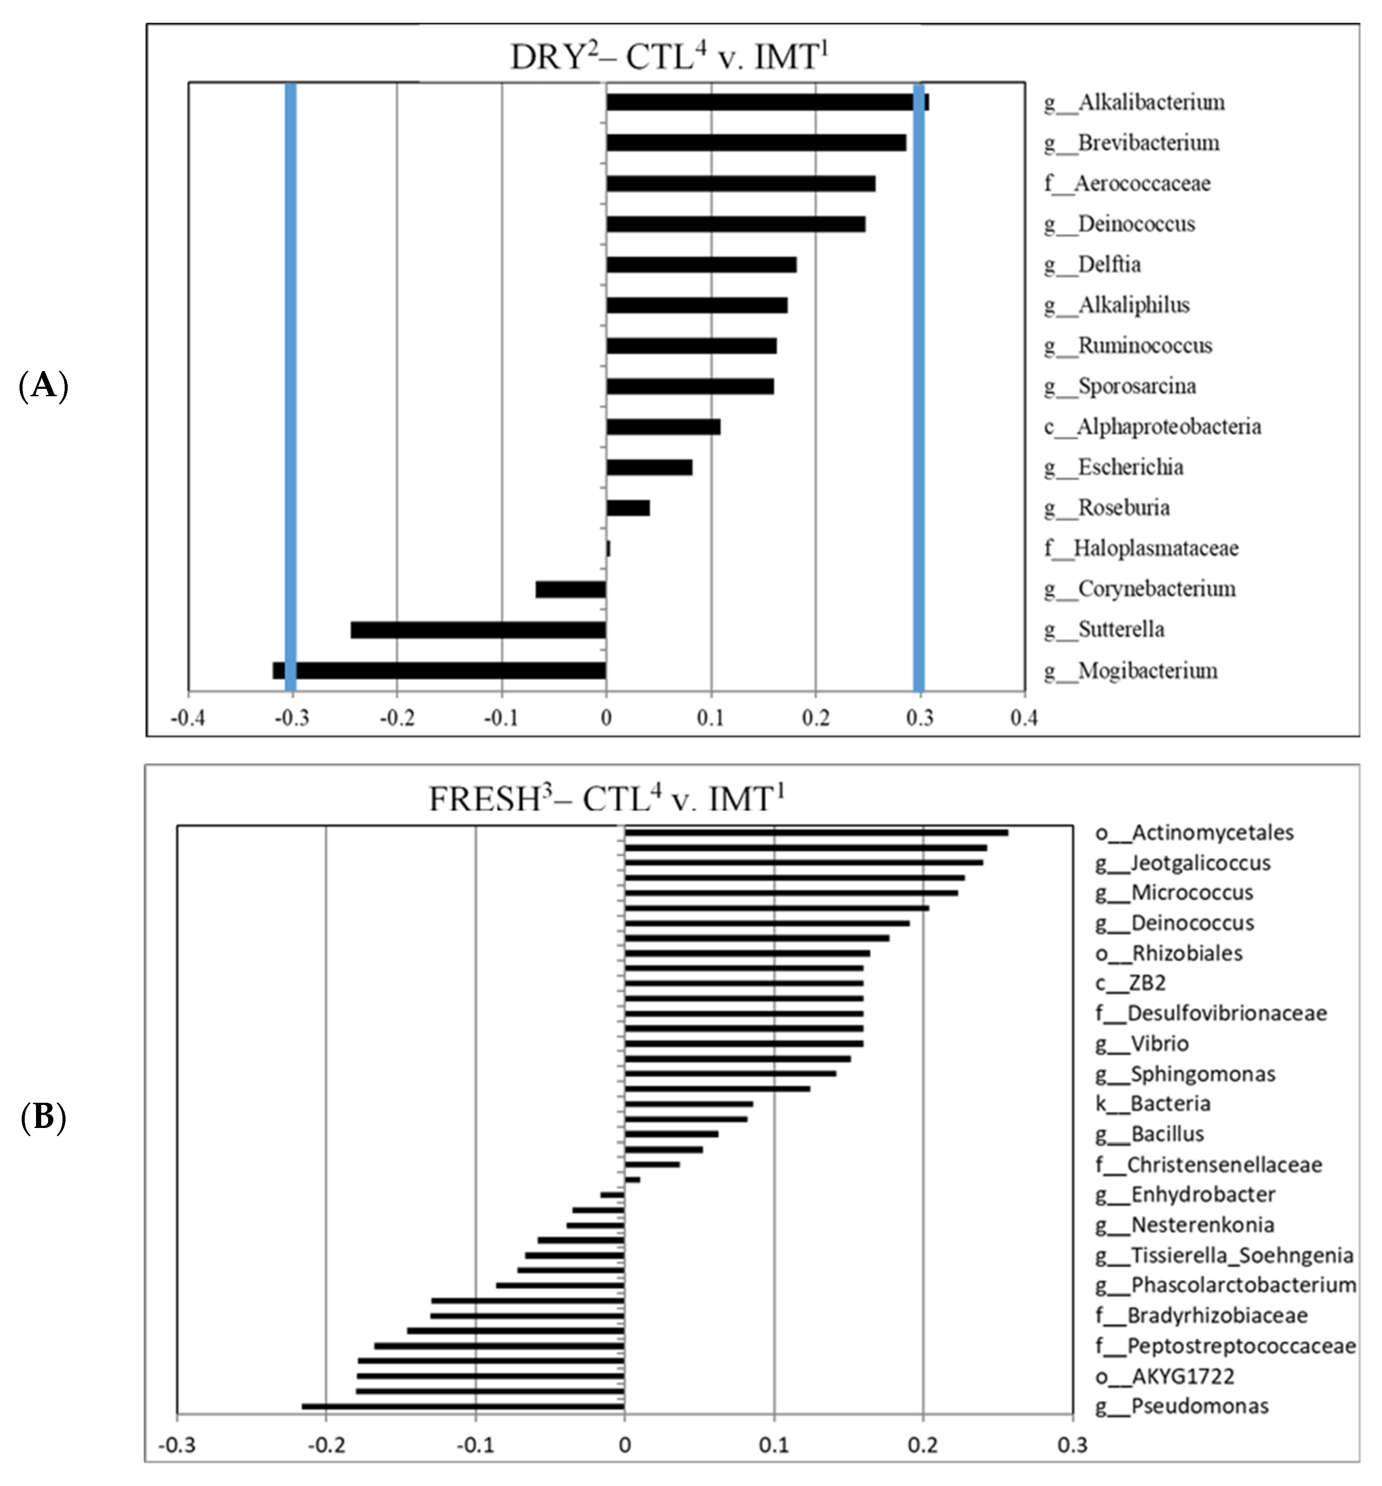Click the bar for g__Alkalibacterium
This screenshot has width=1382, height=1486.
click(x=766, y=102)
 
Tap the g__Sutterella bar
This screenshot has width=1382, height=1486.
click(x=478, y=630)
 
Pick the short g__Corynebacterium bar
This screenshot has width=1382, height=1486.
click(x=570, y=590)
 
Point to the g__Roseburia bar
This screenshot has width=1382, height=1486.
click(x=628, y=508)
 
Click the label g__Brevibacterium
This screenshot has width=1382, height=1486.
click(x=1132, y=143)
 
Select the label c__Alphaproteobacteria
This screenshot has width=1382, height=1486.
click(x=1152, y=427)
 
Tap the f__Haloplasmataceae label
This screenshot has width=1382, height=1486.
click(x=1141, y=549)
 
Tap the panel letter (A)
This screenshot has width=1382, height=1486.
click(x=43, y=386)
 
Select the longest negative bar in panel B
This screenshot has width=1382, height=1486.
click(x=463, y=1407)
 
